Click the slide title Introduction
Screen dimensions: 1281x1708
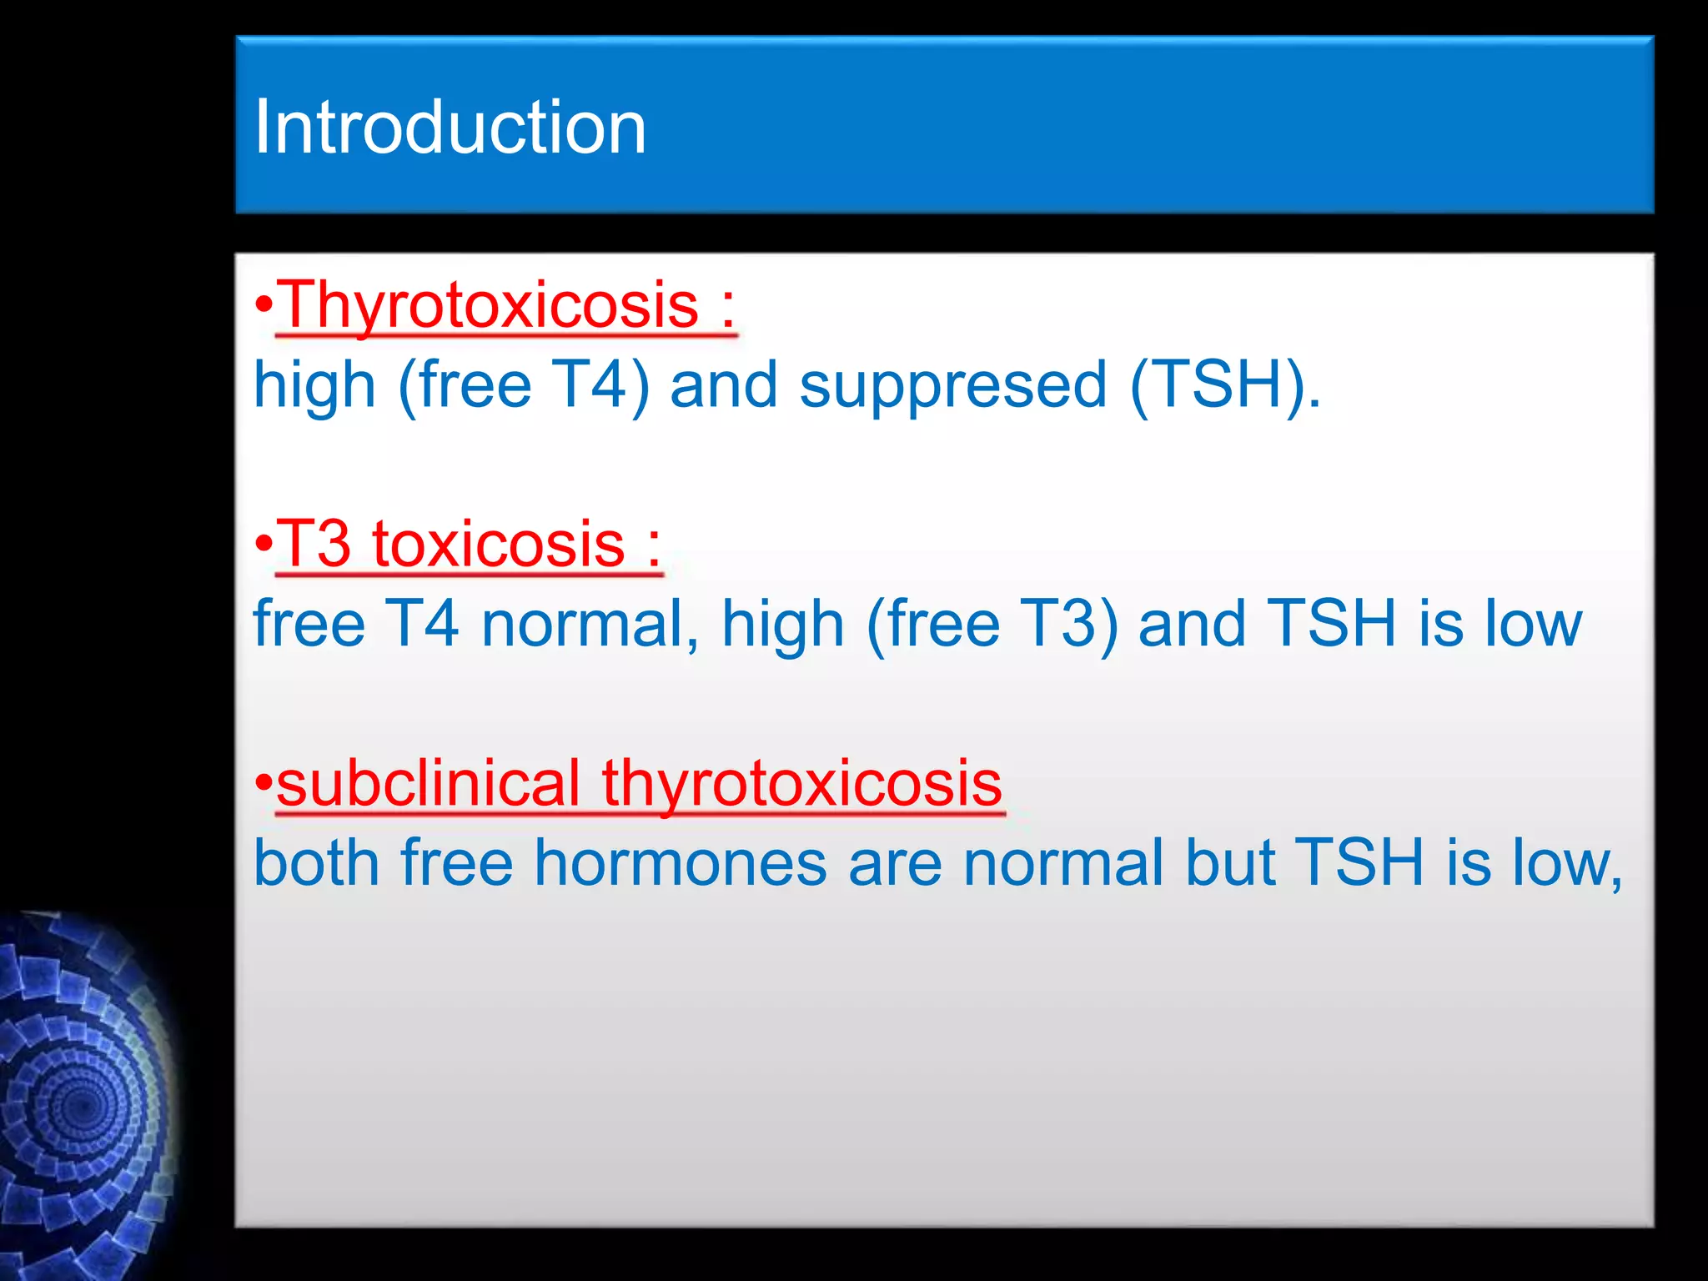tap(450, 127)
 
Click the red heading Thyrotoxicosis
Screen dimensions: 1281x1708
tap(488, 305)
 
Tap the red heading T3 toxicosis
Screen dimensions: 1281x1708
tap(450, 544)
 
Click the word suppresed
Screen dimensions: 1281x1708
tap(953, 385)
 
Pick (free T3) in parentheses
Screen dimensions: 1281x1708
tap(992, 624)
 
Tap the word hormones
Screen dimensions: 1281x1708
tap(681, 863)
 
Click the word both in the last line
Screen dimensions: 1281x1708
tap(317, 863)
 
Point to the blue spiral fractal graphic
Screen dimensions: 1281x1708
tap(83, 1101)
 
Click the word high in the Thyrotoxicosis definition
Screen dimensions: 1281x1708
tap(314, 385)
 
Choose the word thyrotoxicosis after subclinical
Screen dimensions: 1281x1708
tap(801, 784)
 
